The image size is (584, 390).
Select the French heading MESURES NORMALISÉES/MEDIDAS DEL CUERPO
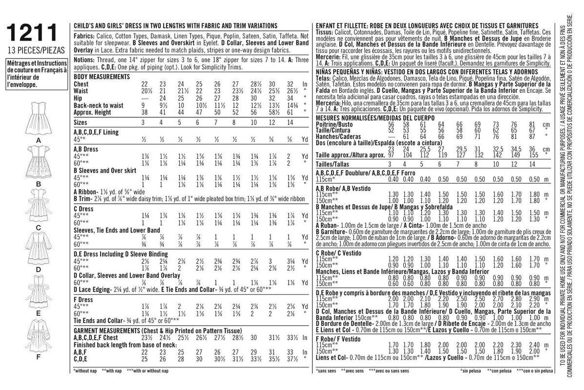(x=363, y=118)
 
